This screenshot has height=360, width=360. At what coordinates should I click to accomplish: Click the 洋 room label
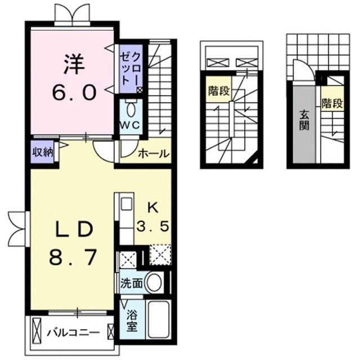[73, 62]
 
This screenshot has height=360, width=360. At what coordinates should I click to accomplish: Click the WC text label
[128, 125]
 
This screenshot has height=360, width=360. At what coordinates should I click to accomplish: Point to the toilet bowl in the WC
[130, 107]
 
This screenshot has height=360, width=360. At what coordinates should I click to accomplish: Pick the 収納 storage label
[42, 151]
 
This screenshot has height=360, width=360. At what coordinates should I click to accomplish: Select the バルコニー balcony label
[73, 331]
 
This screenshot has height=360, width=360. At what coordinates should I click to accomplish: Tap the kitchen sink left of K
[127, 204]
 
